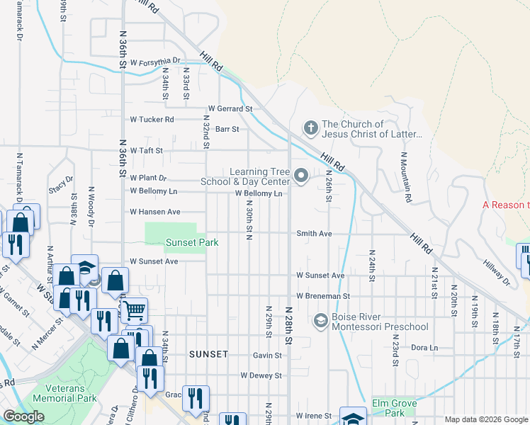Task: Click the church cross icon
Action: tap(310, 128)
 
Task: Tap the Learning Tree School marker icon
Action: tap(301, 176)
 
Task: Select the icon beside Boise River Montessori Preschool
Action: tap(320, 321)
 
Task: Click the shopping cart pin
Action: tap(134, 309)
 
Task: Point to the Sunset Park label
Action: tap(191, 242)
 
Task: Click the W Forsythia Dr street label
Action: tap(155, 62)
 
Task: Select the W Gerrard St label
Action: tap(230, 109)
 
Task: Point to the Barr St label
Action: tap(227, 129)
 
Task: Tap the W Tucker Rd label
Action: tap(151, 120)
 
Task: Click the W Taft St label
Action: tap(146, 151)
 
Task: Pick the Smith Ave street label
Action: tap(314, 233)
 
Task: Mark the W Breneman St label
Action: tap(323, 295)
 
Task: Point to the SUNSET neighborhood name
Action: tap(208, 353)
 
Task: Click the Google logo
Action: tap(23, 416)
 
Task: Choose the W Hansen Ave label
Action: tap(154, 212)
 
